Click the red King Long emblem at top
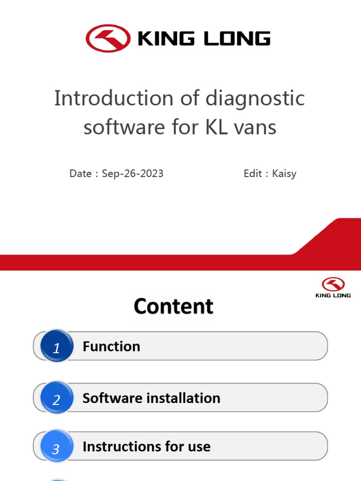(x=108, y=38)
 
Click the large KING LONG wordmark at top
(x=204, y=39)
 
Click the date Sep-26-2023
(x=133, y=173)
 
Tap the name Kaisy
(x=284, y=174)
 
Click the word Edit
(x=252, y=173)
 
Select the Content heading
(x=173, y=306)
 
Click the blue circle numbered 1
(x=56, y=348)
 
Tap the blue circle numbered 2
(x=56, y=399)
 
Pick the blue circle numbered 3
(x=56, y=449)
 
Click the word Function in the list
(x=111, y=347)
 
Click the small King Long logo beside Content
(x=333, y=287)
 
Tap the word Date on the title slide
(x=80, y=173)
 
